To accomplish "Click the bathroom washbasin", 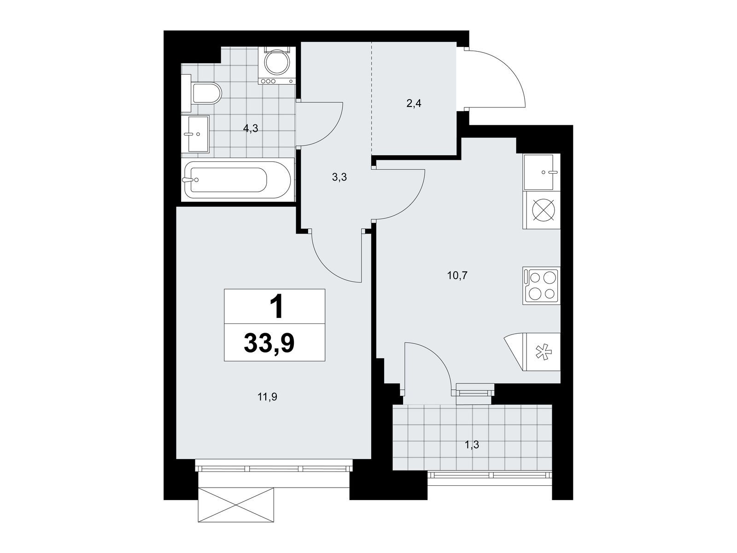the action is pos(195,134).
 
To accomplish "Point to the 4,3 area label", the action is pos(251,128).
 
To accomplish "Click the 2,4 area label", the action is pos(414,103).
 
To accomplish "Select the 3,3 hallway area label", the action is pos(339,177).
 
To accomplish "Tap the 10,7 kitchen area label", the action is pos(457,276).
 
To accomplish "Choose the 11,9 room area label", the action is pos(267,398).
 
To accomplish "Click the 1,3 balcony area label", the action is pos(472,445).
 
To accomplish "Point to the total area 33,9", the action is pos(269,343).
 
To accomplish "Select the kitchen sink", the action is pos(541,172).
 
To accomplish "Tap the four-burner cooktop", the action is pos(541,286).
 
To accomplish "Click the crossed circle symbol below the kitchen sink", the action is pos(544,210).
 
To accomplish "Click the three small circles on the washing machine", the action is pos(269,81).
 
